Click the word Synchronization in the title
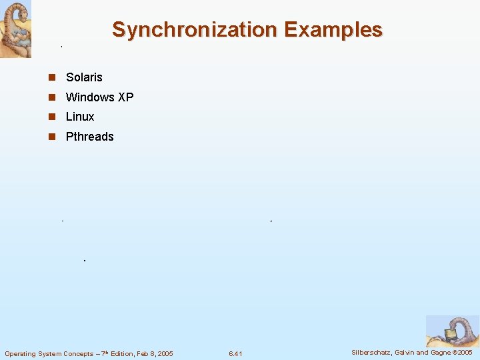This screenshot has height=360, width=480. click(x=195, y=30)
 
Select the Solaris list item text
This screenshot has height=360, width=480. click(x=84, y=77)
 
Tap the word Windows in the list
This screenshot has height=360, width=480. click(x=90, y=97)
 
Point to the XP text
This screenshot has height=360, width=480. click(x=126, y=97)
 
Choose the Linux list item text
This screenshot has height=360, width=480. click(x=80, y=117)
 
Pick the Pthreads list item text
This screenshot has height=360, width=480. click(x=90, y=137)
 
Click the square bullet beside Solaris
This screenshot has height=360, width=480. click(x=51, y=78)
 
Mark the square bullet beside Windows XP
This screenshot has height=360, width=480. click(x=51, y=97)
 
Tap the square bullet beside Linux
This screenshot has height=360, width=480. click(x=51, y=117)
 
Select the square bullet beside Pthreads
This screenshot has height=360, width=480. click(x=51, y=137)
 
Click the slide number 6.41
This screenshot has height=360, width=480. click(x=235, y=353)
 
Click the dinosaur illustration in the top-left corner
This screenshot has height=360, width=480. click(x=15, y=29)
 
